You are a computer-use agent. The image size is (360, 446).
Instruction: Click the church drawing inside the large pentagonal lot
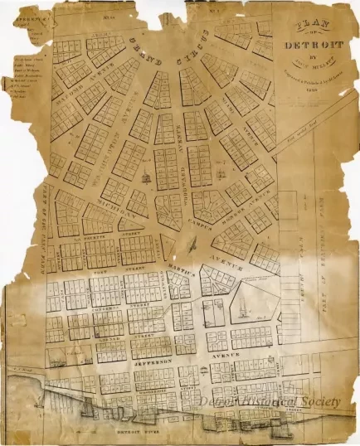pyautogui.click(x=241, y=309)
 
